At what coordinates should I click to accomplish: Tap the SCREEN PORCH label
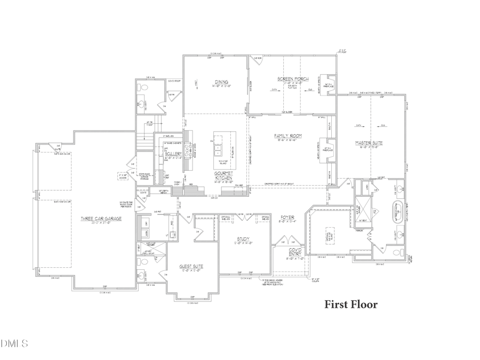tap(293, 79)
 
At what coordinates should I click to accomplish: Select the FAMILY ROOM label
tap(288, 136)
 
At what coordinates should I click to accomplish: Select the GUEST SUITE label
tap(191, 267)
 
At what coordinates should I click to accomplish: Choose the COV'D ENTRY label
tap(295, 251)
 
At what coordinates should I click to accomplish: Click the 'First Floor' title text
tap(351, 305)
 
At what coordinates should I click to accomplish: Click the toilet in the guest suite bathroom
tap(141, 263)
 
